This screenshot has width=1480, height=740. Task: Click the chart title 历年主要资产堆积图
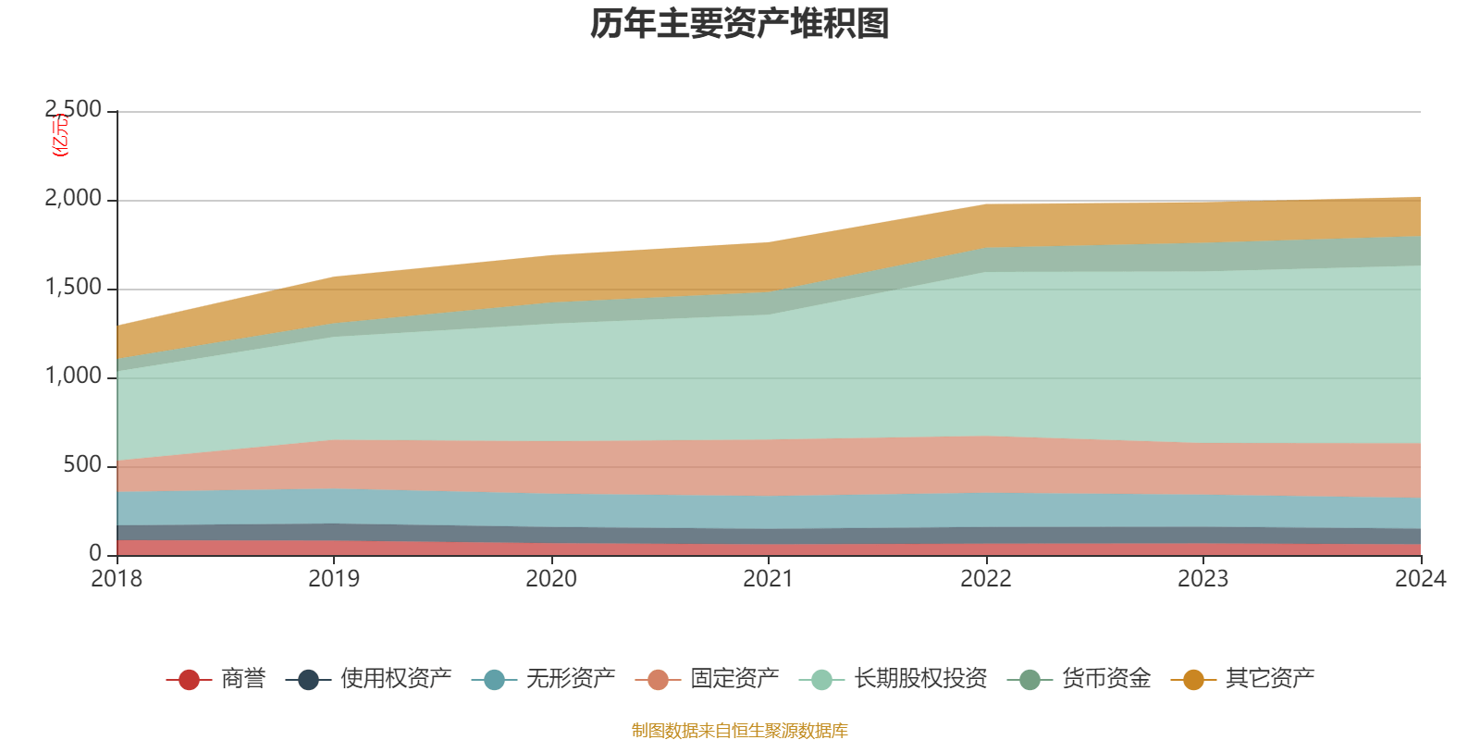point(740,24)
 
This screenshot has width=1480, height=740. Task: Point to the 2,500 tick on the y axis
point(73,110)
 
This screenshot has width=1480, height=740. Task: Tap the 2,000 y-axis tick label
point(73,199)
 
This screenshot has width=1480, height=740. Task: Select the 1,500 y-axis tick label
point(73,288)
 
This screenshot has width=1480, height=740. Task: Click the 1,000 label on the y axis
point(73,376)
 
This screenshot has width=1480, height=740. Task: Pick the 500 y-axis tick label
point(82,465)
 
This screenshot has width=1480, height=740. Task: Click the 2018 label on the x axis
point(117,579)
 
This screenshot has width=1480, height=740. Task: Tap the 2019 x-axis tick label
point(334,579)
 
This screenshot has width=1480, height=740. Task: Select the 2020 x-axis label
point(551,579)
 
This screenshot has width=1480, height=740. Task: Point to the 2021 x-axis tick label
point(769,579)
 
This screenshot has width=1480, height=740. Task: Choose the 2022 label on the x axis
point(986,579)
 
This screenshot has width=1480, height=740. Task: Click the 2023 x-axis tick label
point(1202,579)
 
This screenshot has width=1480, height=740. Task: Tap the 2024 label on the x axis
point(1420,579)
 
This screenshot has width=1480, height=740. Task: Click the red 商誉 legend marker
point(189,680)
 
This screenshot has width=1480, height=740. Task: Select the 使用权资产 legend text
point(396,679)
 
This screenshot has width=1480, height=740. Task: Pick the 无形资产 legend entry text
point(571,679)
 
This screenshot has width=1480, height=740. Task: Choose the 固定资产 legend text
point(734,679)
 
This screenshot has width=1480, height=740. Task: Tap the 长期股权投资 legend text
point(920,679)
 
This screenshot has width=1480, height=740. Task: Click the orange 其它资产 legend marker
point(1193,680)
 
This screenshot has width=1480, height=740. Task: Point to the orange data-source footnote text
point(739,731)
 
